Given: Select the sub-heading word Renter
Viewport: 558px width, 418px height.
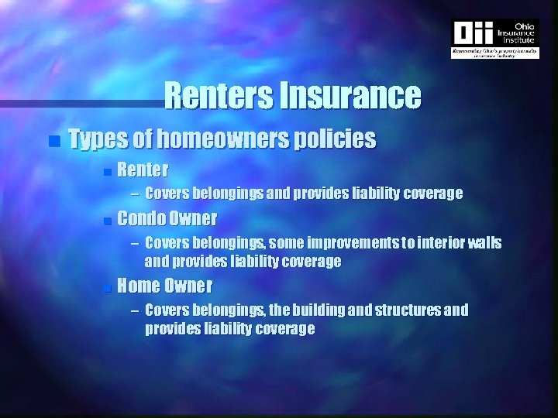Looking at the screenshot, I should point(144,169).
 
